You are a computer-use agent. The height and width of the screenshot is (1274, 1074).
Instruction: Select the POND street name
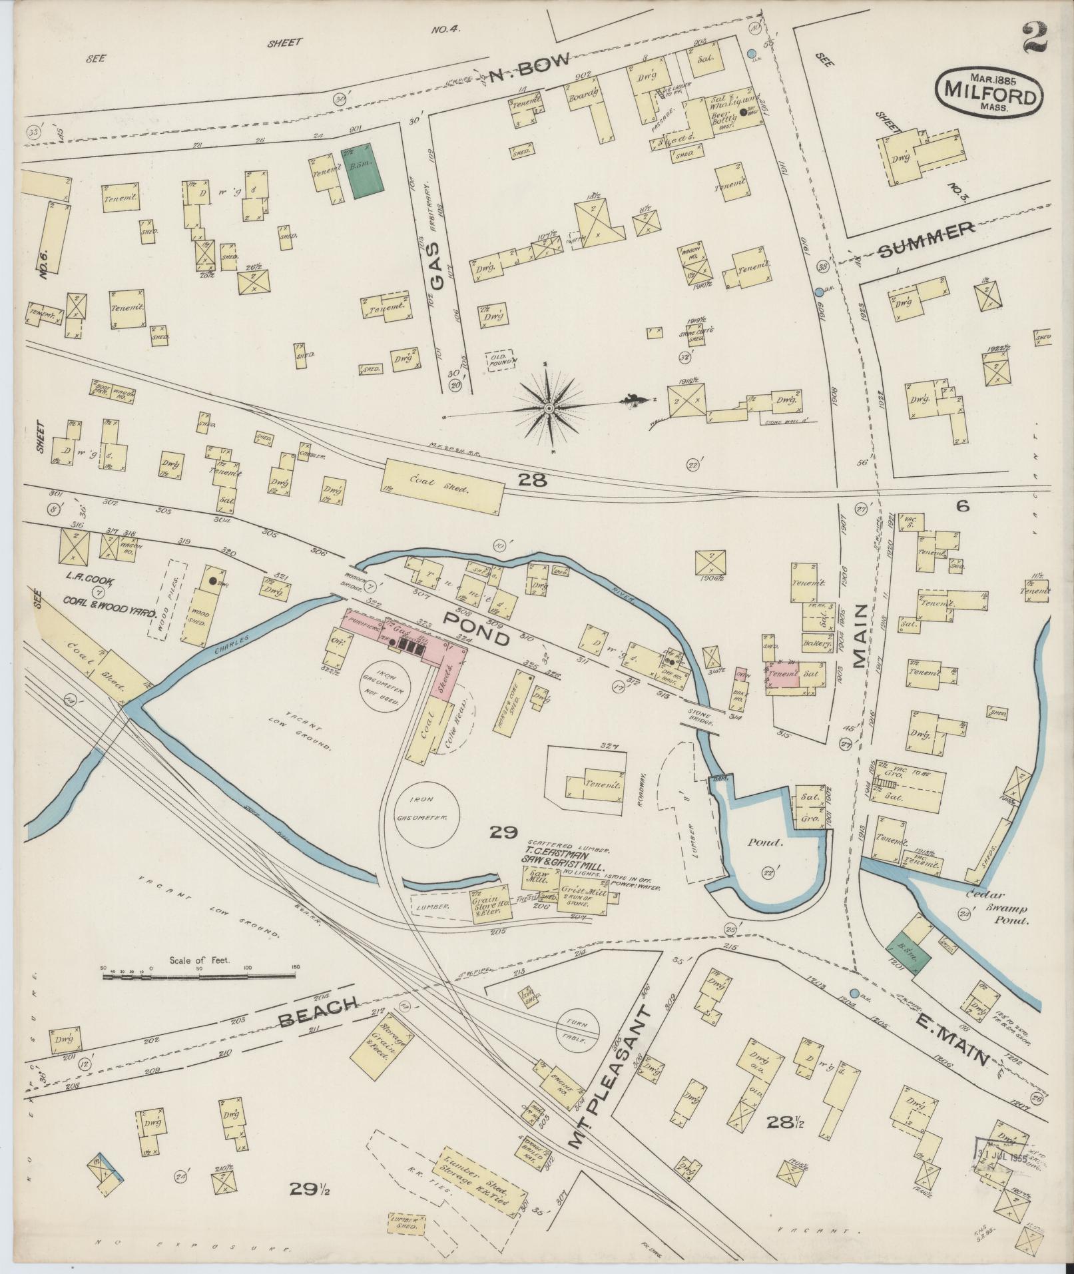[x=477, y=629]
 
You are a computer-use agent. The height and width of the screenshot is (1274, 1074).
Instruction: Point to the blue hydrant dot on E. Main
[x=855, y=993]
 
